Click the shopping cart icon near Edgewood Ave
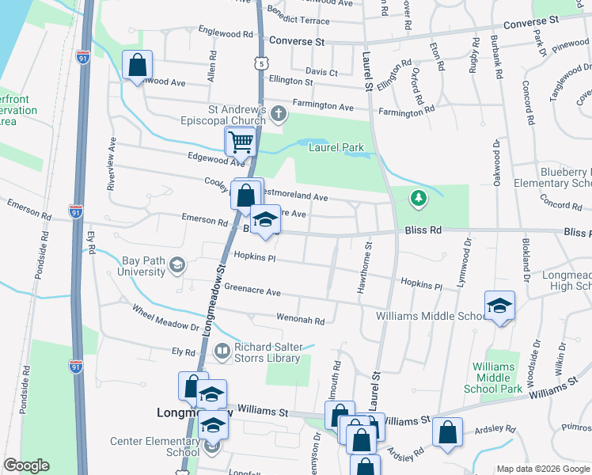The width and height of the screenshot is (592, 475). [240, 142]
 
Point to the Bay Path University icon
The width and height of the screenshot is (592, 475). [177, 265]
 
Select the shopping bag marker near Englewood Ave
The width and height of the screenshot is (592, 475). [137, 65]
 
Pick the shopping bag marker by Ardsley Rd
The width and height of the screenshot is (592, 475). [447, 433]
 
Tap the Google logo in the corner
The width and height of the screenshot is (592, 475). [26, 465]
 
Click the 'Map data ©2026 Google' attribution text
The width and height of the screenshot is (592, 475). [543, 469]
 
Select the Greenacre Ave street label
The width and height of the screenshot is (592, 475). [252, 292]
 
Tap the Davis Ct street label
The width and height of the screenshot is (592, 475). [321, 73]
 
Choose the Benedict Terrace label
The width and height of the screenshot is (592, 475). [300, 17]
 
